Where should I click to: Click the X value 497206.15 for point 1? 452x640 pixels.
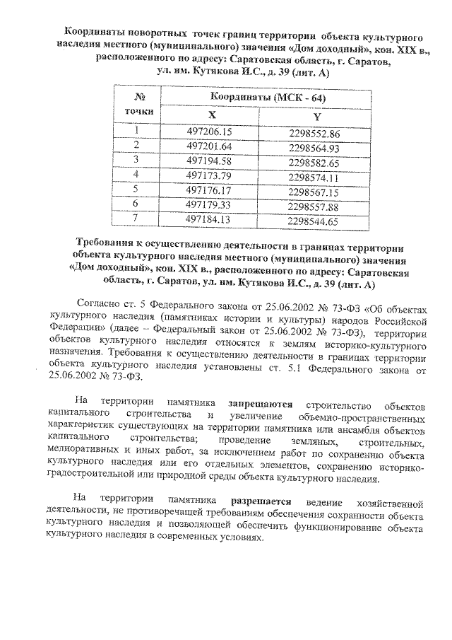point(209,132)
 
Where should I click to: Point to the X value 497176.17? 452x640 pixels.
point(209,190)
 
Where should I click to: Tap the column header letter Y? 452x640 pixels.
point(316,116)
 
